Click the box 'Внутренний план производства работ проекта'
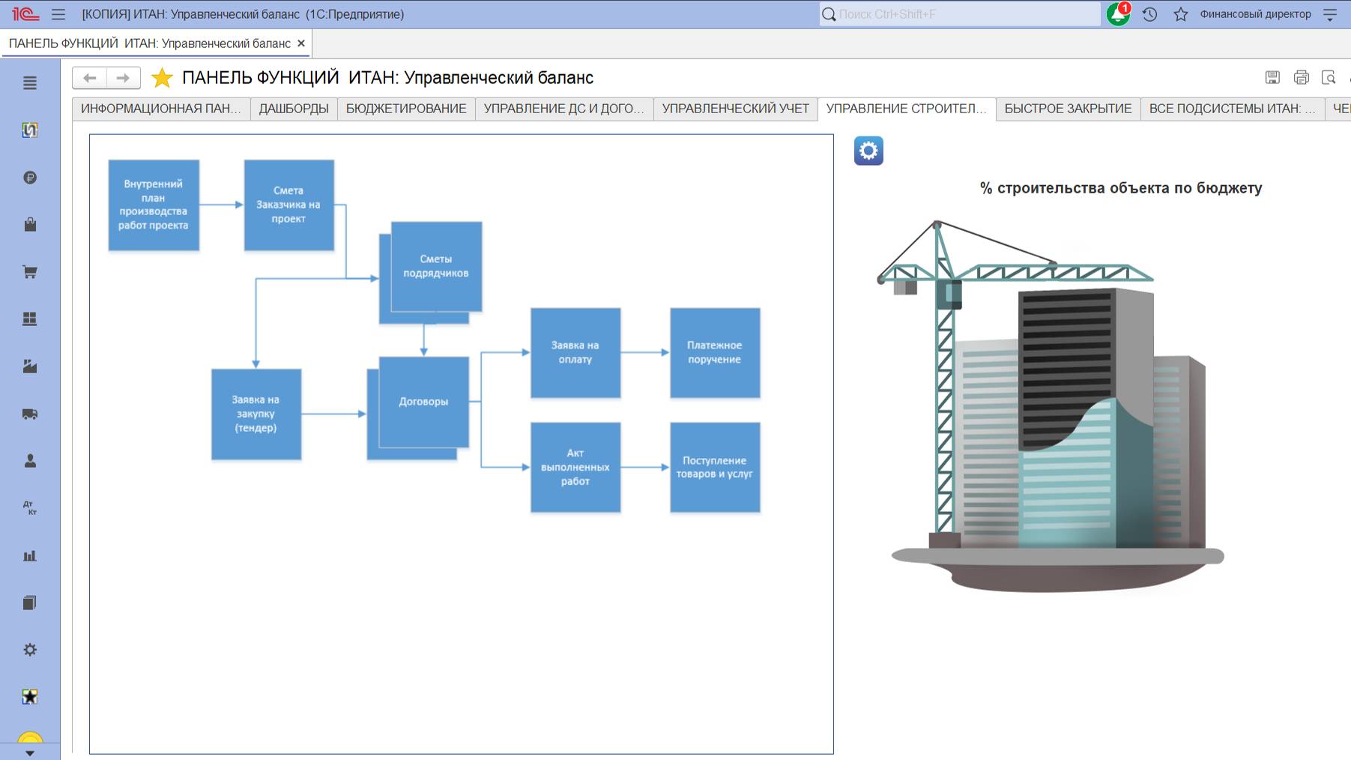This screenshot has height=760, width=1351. coord(154,205)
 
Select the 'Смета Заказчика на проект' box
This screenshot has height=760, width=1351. coord(288,205)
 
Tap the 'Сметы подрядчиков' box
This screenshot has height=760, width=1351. coord(436,266)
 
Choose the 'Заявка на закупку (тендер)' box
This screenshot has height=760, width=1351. coord(256,414)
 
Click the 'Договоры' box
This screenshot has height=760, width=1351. coord(424,402)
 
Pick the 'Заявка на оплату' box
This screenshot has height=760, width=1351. coord(575,352)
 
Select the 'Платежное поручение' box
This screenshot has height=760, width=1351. coord(715,352)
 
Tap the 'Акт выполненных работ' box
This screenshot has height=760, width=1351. coord(575,467)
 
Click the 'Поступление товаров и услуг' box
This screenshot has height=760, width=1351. coord(715,467)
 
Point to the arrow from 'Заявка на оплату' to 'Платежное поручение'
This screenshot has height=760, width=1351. coord(645,352)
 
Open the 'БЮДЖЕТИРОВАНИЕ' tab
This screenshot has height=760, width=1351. coord(406,109)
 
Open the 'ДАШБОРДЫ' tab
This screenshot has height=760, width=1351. coord(294,109)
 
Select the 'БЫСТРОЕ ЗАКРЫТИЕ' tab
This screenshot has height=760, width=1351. coord(1068,109)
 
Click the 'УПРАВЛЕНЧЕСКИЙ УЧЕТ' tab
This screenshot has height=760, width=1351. coord(735,109)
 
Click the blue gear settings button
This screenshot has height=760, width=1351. coord(868,151)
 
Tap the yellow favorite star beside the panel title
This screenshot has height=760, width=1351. coord(162,78)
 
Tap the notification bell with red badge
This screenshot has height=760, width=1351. coord(1118,14)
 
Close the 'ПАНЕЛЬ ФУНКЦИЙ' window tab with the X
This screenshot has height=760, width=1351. coord(301,43)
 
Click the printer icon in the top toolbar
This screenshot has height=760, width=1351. coord(1301,77)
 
